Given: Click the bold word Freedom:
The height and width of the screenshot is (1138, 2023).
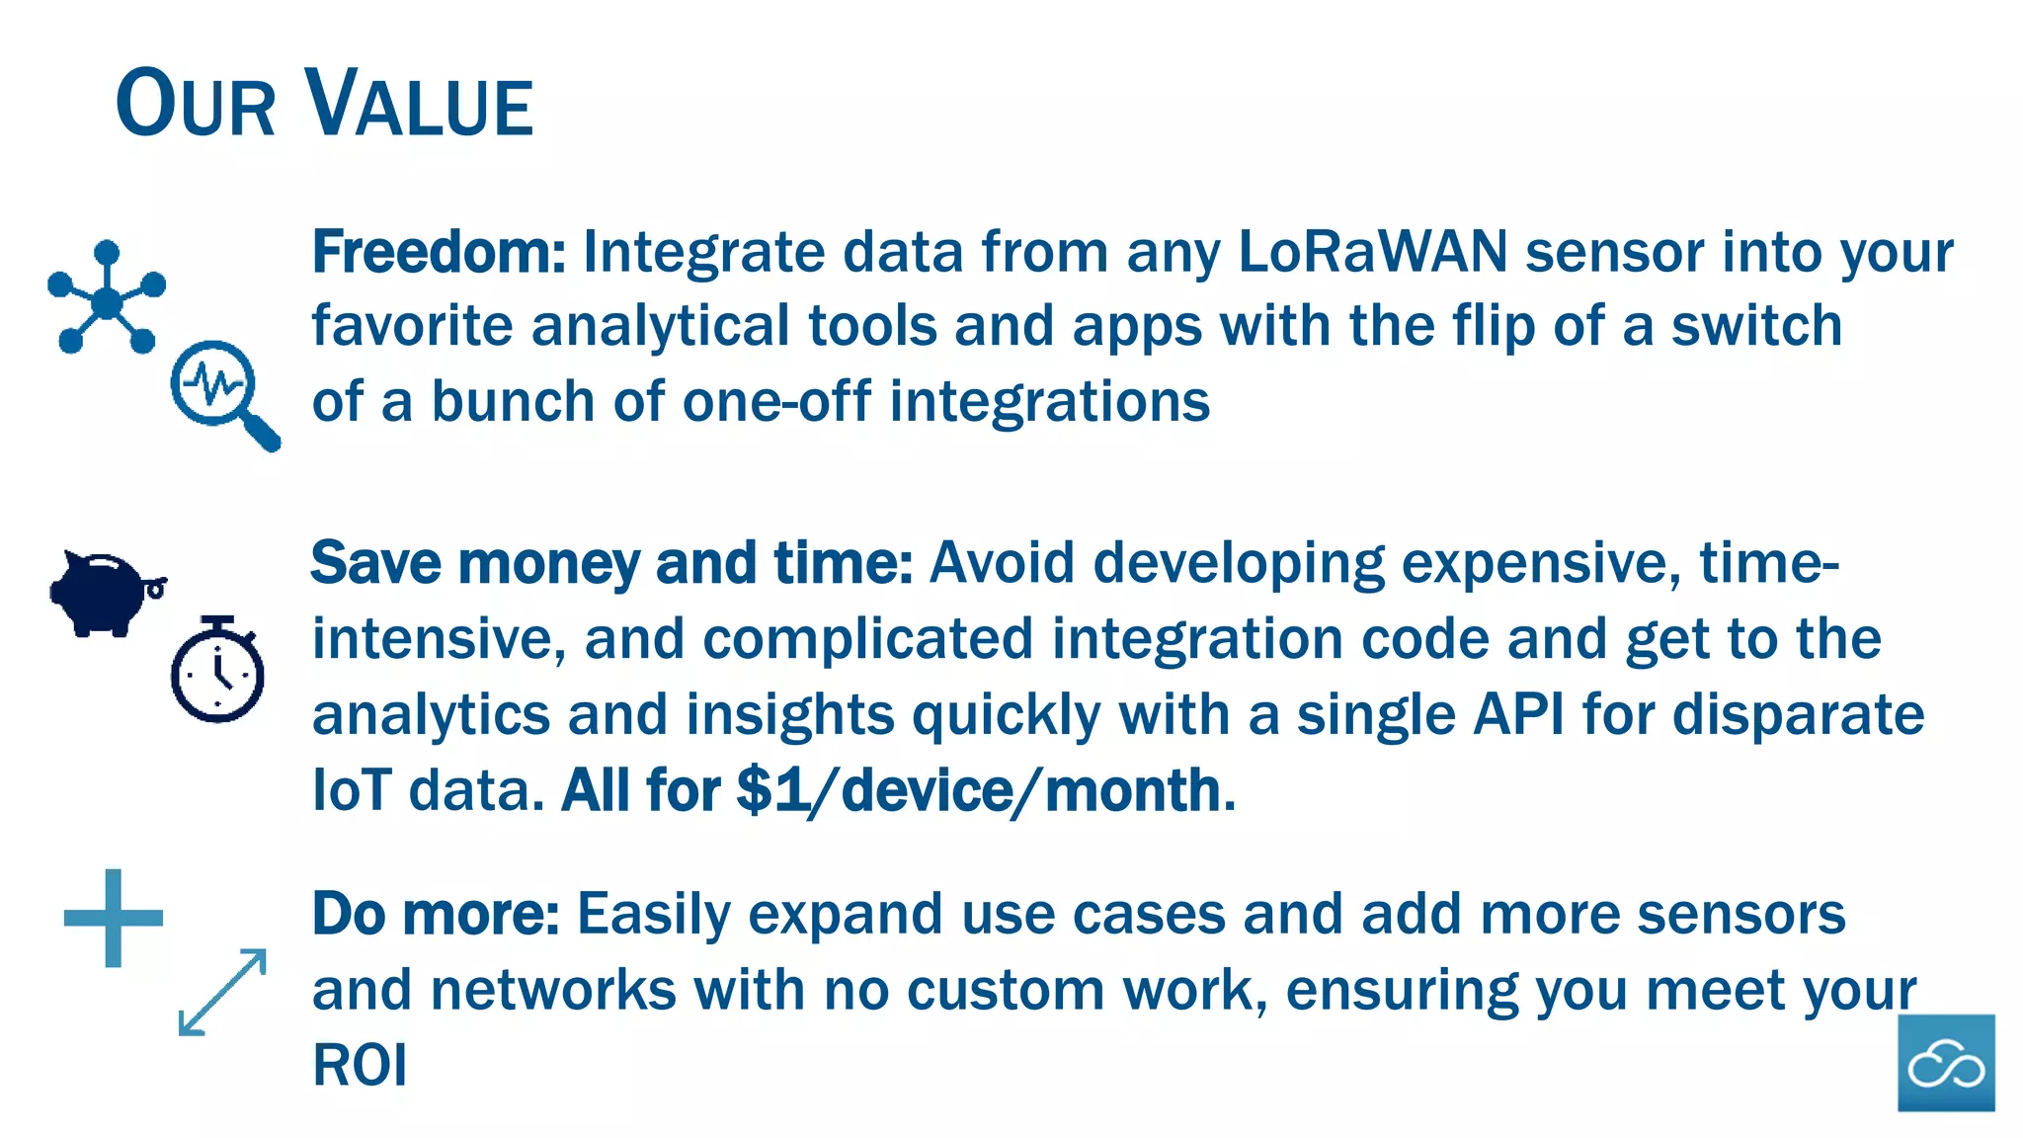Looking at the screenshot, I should [x=439, y=252].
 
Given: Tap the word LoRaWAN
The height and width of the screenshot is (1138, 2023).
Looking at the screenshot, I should [x=1372, y=252].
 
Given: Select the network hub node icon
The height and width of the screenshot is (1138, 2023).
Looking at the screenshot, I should [x=106, y=298].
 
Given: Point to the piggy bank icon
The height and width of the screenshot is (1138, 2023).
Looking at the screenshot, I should [x=106, y=592].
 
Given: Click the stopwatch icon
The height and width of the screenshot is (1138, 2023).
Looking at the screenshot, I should [x=217, y=671].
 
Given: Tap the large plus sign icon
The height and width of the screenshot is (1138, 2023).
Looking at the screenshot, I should [x=113, y=918].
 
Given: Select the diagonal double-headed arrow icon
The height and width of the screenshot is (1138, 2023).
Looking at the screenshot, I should [x=222, y=992].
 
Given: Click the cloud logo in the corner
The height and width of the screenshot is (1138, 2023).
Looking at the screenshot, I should [x=1945, y=1063].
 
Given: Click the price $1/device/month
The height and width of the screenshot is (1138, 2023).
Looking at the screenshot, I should [x=980, y=791].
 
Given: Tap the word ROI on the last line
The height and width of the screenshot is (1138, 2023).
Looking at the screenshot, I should [x=360, y=1065].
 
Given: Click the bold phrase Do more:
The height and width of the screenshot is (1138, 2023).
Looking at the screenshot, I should [x=436, y=914].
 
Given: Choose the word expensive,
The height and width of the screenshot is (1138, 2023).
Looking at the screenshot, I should [x=1541, y=563].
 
